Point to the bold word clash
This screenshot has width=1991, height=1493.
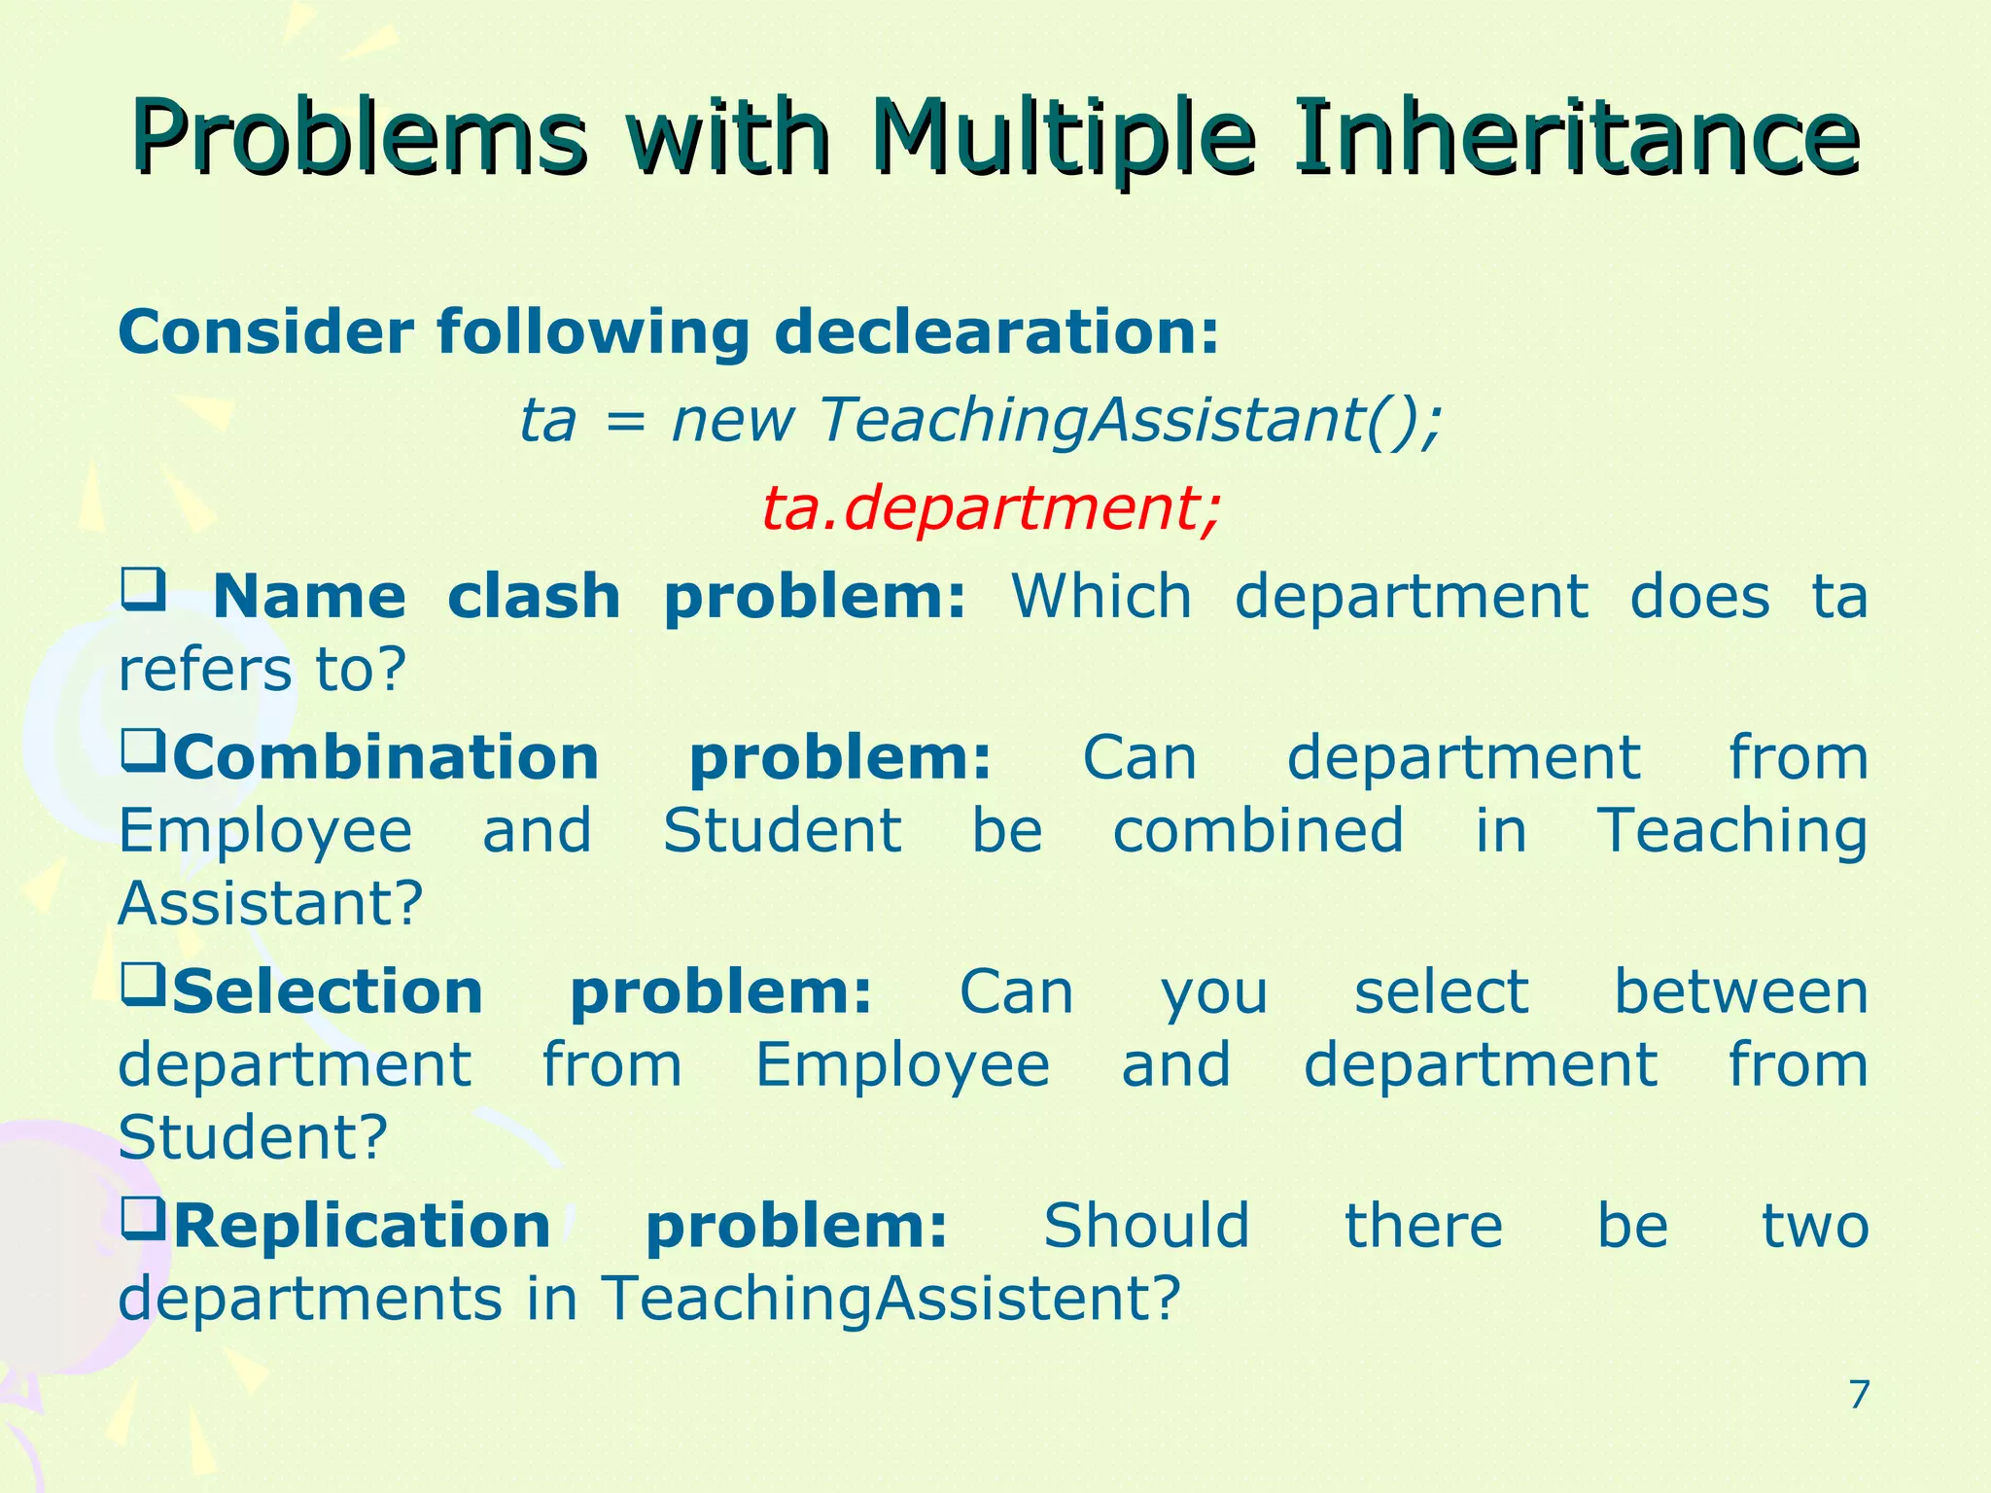(534, 597)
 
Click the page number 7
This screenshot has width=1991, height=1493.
(1858, 1395)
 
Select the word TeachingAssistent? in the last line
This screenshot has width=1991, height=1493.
(890, 1299)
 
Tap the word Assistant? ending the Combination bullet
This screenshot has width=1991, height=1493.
(270, 903)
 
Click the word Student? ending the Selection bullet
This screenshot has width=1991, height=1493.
(253, 1136)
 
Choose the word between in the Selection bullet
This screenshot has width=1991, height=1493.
(1740, 992)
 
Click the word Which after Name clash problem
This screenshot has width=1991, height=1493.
(1101, 597)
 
